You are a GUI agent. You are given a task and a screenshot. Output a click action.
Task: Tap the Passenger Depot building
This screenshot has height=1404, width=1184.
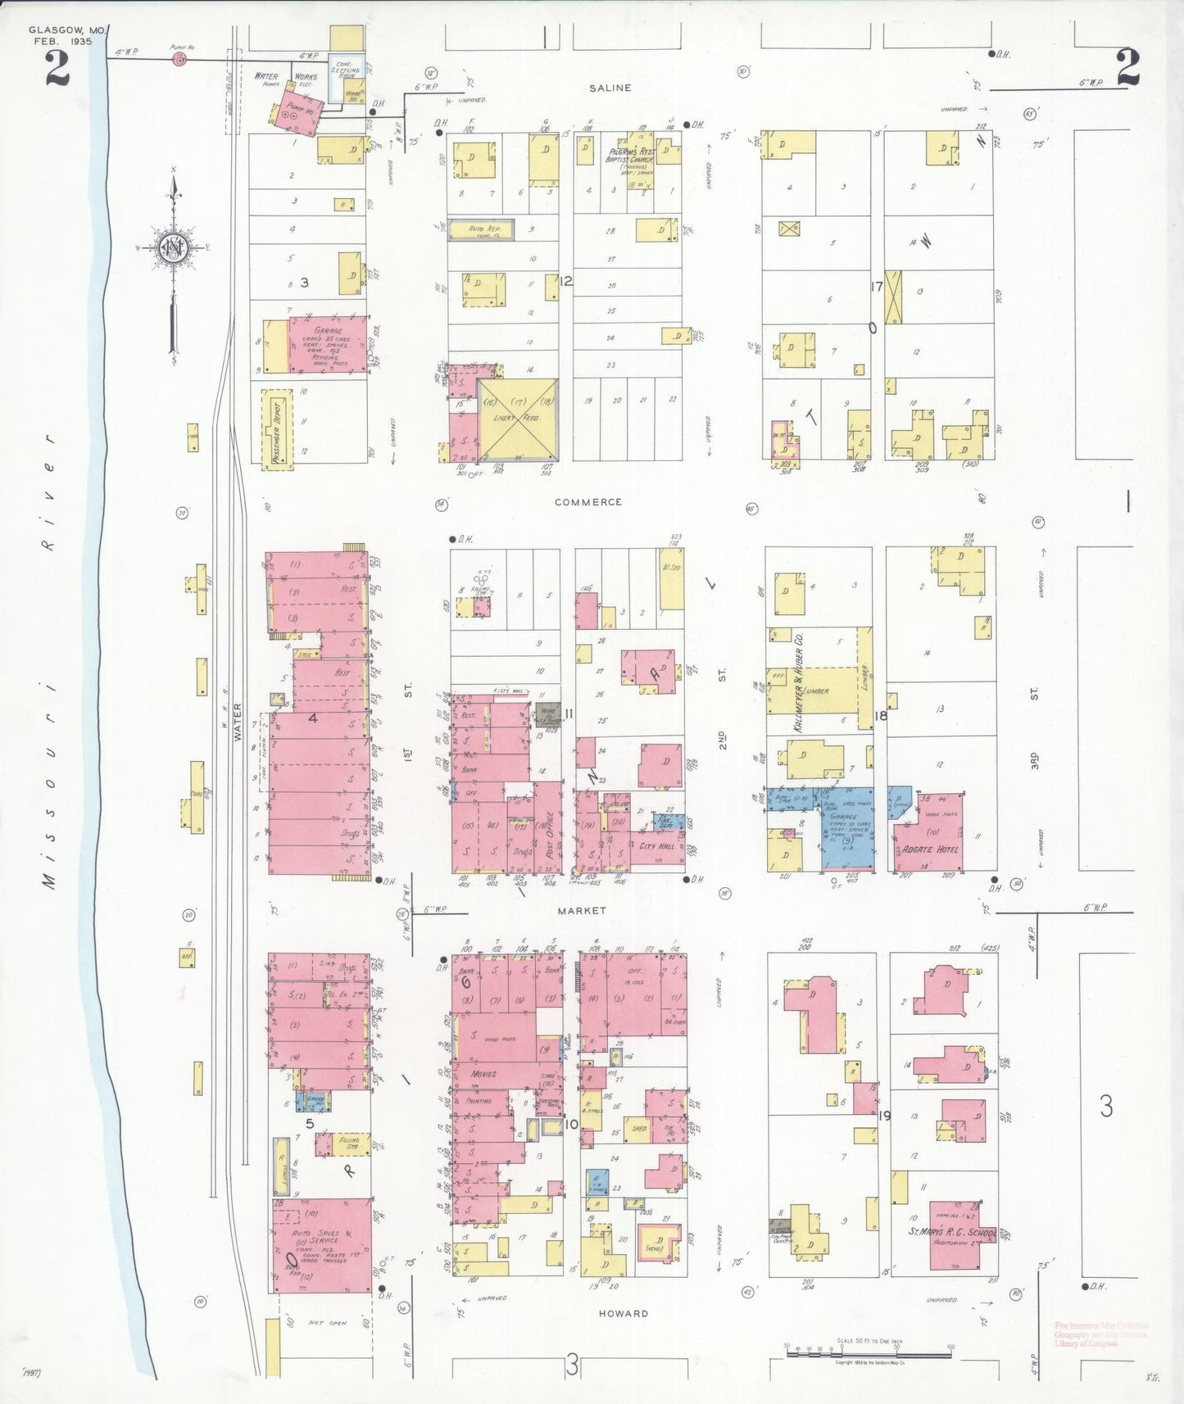coord(277,429)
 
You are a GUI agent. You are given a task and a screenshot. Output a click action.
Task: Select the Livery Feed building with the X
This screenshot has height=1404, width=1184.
coord(517,419)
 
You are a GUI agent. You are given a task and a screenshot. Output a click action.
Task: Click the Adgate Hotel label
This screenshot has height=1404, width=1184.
coord(929,849)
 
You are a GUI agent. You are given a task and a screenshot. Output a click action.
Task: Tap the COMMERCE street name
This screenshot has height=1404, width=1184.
coord(587,502)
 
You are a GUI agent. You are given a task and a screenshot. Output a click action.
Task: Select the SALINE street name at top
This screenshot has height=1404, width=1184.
coord(610,88)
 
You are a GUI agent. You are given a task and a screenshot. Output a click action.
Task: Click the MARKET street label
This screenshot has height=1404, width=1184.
coord(582,911)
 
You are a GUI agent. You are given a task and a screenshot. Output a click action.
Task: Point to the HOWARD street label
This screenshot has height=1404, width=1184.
coord(623,1313)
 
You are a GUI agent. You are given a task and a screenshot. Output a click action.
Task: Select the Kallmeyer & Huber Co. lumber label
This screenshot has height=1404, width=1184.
coord(799,688)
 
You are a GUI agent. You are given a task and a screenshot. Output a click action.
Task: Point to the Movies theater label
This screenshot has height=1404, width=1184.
coord(483,1073)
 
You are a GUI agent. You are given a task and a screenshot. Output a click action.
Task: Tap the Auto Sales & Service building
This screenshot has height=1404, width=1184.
coord(320,1245)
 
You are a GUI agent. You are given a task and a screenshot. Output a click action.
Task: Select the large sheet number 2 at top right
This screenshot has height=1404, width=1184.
coord(1128,68)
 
